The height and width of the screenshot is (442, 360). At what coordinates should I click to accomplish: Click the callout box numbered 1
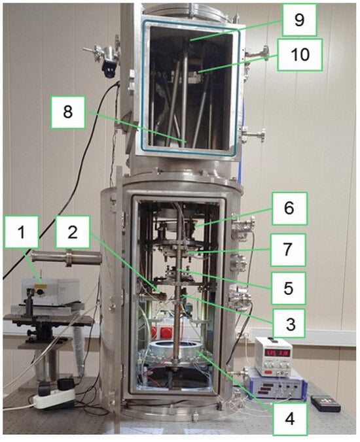(22, 232)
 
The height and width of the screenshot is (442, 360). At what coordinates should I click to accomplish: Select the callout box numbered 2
(73, 232)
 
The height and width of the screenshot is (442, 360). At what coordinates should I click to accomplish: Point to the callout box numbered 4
(290, 418)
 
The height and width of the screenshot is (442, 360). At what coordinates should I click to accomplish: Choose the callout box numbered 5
(289, 288)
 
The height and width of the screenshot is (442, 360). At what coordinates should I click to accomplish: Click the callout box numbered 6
(289, 209)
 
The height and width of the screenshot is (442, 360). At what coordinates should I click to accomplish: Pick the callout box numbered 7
(288, 250)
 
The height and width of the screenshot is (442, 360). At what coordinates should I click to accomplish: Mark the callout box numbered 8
(67, 112)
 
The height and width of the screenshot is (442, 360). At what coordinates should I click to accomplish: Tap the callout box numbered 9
(299, 20)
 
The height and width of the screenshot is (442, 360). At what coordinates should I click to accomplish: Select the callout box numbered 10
(300, 55)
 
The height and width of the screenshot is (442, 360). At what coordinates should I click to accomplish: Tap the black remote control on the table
(325, 403)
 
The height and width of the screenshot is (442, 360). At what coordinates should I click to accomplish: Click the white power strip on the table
(54, 397)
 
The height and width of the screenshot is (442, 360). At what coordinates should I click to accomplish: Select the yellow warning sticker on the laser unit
(37, 286)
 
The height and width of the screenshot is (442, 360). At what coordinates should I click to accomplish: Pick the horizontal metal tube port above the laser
(67, 258)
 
